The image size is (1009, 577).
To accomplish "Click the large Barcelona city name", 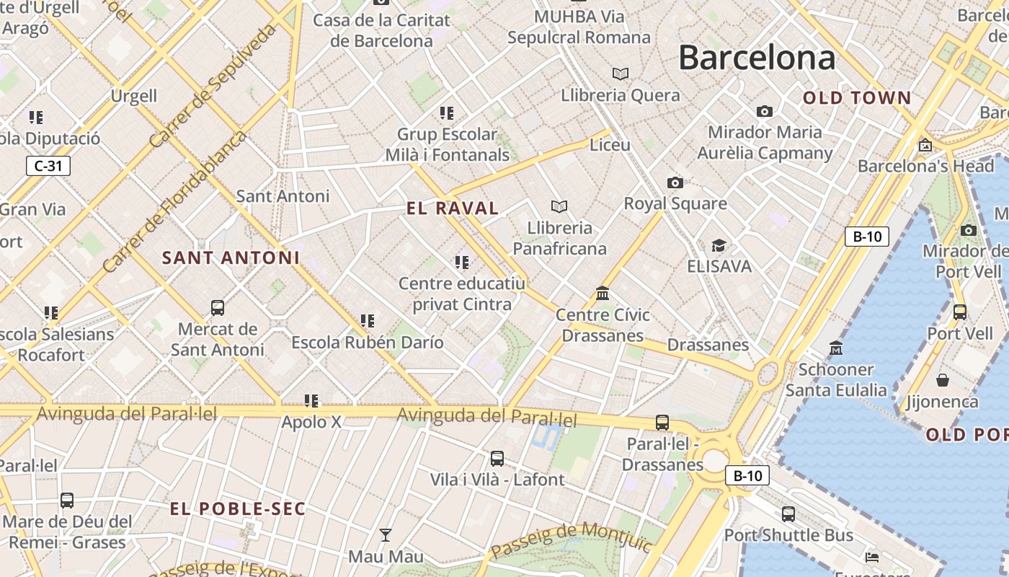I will (757, 58).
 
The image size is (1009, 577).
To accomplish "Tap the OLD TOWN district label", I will (857, 98).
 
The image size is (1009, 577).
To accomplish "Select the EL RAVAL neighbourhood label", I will (453, 208).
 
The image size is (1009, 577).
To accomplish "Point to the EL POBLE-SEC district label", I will (238, 508).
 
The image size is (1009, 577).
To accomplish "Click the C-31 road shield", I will (48, 166).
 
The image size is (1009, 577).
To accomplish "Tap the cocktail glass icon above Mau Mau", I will (386, 535).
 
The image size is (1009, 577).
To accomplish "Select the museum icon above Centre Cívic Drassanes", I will (603, 294).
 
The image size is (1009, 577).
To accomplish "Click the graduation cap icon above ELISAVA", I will (719, 245).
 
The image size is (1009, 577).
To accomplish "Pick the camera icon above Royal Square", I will (675, 182).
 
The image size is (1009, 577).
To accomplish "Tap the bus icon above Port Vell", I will (959, 312).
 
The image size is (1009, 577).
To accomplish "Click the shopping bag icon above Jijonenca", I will (942, 380).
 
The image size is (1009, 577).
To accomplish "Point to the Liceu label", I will (610, 145).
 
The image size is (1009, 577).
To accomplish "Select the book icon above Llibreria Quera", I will (620, 74).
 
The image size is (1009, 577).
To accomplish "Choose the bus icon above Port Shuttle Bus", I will (788, 514).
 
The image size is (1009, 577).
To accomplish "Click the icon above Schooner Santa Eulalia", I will (836, 348).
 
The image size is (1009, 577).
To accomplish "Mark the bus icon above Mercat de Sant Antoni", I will (218, 308).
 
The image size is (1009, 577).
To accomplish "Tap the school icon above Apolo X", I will (311, 400).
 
